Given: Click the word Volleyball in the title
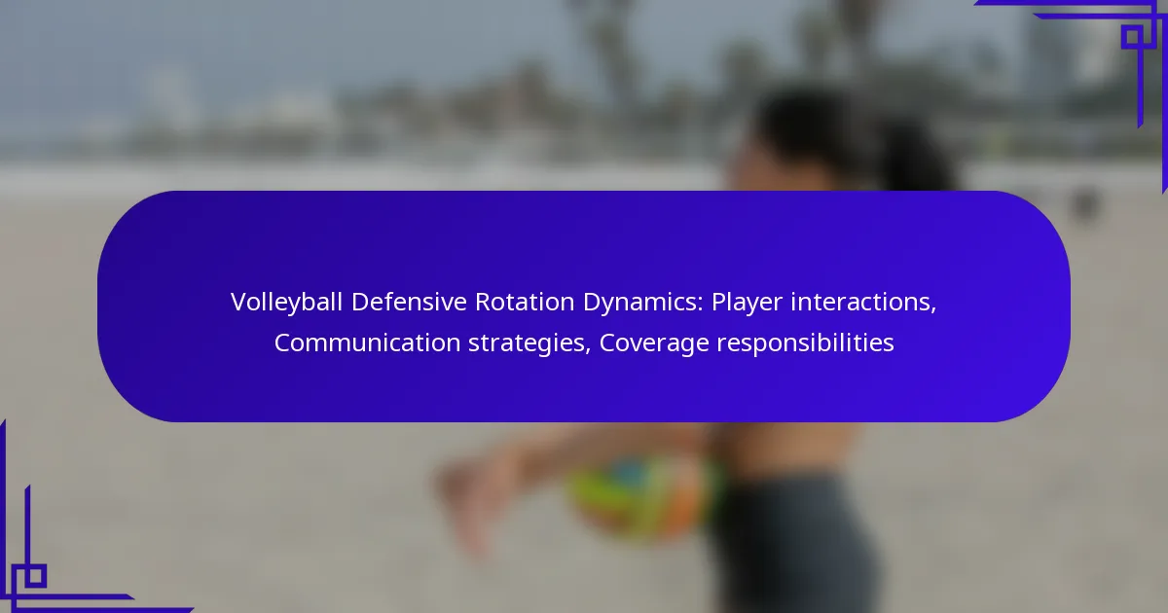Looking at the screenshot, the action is (x=286, y=303).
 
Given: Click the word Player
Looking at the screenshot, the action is (x=747, y=303).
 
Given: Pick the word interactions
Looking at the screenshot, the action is (x=860, y=302).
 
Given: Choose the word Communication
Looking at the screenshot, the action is (x=368, y=343).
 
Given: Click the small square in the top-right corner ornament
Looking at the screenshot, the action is (x=1132, y=37).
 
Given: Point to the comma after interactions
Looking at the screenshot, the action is (x=933, y=309).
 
